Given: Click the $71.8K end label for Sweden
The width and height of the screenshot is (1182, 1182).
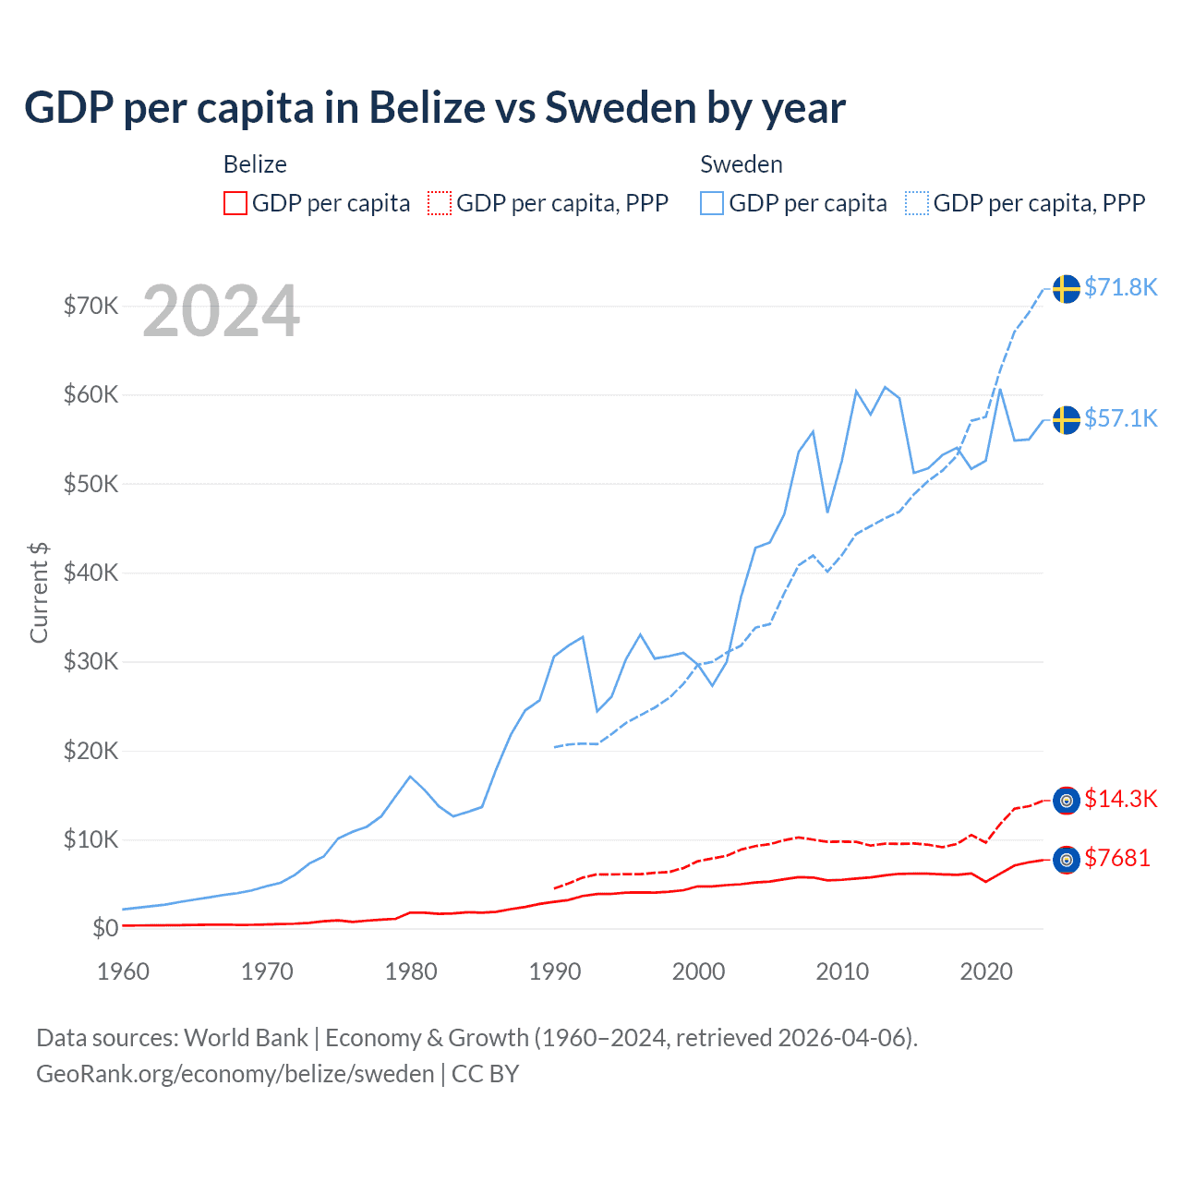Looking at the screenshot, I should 1120,287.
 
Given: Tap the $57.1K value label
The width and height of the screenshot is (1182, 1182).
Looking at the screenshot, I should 1120,418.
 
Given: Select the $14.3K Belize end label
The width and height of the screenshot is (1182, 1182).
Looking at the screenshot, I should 1120,799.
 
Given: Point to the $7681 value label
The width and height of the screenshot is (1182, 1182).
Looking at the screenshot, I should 1116,858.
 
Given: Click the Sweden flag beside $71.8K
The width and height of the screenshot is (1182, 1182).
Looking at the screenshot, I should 1067,288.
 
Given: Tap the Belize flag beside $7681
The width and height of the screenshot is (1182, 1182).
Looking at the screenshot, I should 1067,860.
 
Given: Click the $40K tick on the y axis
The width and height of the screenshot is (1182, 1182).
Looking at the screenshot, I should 90,573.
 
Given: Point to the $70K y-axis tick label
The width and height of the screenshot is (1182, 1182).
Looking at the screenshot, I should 90,306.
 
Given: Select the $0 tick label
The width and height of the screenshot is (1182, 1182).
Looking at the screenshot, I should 104,928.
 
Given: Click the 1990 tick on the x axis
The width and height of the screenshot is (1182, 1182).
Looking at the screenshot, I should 555,971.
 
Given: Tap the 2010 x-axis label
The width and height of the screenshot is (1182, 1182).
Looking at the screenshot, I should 842,971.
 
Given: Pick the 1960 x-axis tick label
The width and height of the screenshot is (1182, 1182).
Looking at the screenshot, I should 123,971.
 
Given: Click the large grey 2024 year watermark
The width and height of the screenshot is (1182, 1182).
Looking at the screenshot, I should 221,311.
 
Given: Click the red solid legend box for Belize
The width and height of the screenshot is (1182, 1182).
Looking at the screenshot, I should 235,203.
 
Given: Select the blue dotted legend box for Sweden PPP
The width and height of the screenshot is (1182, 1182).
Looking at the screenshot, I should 917,203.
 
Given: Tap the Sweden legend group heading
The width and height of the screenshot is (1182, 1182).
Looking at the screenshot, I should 742,164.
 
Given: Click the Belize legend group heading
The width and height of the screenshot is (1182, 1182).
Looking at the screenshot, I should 255,164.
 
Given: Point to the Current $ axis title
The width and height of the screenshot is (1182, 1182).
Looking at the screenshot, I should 39,593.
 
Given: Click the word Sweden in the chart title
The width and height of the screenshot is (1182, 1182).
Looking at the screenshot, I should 620,107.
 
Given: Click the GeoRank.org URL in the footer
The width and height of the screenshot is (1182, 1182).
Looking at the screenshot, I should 235,1074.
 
